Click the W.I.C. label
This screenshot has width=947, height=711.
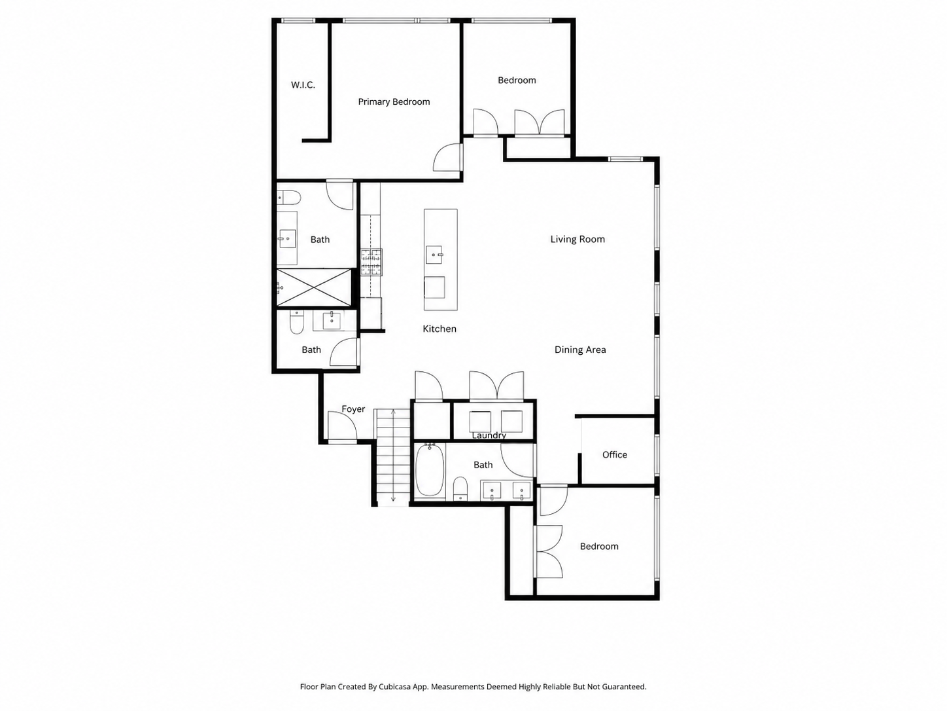tap(303, 85)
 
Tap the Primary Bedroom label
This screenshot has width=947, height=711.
tap(394, 102)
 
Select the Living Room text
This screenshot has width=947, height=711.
tap(577, 239)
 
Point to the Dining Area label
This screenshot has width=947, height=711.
tap(580, 350)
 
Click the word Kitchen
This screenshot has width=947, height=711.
tap(439, 329)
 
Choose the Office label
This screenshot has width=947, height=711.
tap(614, 454)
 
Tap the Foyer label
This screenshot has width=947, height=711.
tap(353, 409)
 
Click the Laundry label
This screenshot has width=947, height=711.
tap(489, 435)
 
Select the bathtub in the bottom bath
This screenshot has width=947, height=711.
tap(430, 469)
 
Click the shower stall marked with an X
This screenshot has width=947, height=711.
tap(314, 287)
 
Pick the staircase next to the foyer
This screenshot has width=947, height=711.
tap(392, 457)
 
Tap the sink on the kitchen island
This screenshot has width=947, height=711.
tap(434, 255)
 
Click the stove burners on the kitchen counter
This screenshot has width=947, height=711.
tap(371, 262)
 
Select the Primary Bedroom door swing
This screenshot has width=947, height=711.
tap(447, 157)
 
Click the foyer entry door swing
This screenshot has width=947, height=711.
tap(342, 426)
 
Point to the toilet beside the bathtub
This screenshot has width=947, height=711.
tap(460, 488)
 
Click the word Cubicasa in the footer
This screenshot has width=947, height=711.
tap(395, 686)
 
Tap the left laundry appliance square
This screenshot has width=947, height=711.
tap(480, 422)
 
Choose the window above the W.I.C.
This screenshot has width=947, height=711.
tap(298, 20)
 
